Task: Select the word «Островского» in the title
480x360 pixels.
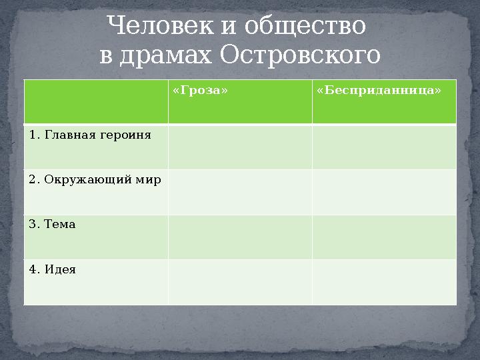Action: tap(300, 55)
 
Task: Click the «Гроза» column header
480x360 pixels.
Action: tap(195, 90)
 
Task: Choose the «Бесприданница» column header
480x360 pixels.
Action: tap(379, 90)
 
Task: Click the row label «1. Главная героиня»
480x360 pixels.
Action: tap(90, 135)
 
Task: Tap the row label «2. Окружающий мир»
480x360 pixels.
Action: tap(95, 179)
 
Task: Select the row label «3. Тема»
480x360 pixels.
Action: tap(53, 225)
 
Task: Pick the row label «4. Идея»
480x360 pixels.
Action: tap(53, 270)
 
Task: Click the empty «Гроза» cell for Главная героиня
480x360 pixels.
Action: tap(239, 147)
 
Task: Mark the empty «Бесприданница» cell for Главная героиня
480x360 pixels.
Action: tap(384, 147)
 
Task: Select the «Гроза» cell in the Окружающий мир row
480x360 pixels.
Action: tap(239, 192)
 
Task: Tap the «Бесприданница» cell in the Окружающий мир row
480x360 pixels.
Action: tap(384, 192)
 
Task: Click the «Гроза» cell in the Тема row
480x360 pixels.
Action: tap(239, 237)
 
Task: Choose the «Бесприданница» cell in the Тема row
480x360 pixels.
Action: tap(384, 237)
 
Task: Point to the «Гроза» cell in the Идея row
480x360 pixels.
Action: tap(239, 282)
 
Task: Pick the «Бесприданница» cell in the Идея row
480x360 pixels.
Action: tap(384, 282)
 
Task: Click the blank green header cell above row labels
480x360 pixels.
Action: tap(95, 101)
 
